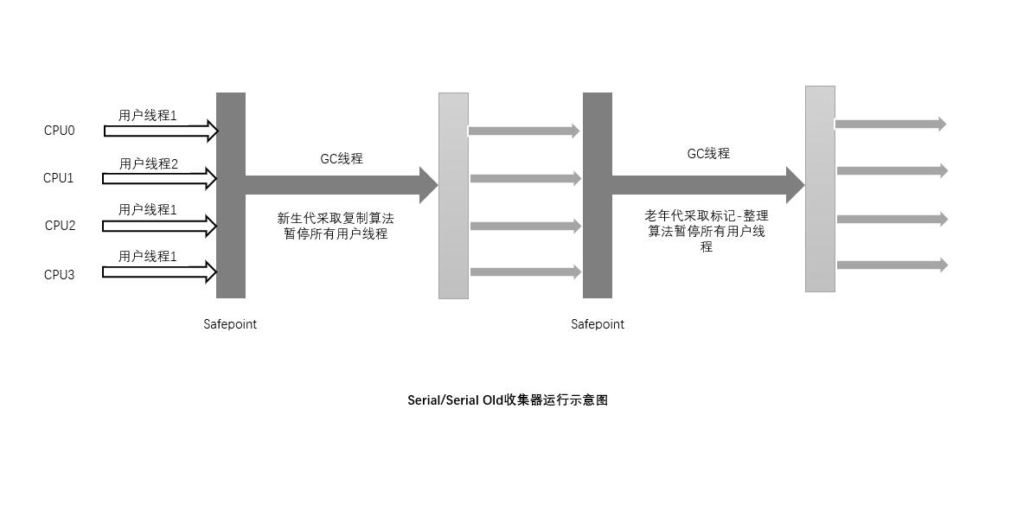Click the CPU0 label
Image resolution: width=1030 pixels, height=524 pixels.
pos(60,131)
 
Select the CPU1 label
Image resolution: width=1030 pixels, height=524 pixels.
pos(59,178)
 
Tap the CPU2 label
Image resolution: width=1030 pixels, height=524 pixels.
pos(61,226)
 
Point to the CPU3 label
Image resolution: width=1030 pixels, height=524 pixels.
pos(60,275)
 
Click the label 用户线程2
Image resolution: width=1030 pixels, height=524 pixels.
pos(149,163)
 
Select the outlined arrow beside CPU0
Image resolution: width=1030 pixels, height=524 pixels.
pos(160,131)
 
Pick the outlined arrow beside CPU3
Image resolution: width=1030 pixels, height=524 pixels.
pos(159,272)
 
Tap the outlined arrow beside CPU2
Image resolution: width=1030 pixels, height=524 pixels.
pos(159,227)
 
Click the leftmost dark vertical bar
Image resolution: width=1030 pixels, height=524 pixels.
pos(231,195)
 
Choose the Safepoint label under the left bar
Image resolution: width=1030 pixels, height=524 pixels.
pos(230,324)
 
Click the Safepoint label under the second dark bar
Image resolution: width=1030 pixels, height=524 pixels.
pos(598,324)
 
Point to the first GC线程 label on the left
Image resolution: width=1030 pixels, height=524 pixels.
pos(342,159)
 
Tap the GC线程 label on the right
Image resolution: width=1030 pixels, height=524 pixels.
pos(708,153)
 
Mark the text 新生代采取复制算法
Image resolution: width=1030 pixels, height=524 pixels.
pos(336,219)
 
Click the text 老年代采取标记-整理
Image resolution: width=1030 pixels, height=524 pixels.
pos(707,216)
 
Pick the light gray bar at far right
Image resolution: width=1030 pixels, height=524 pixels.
pos(820,189)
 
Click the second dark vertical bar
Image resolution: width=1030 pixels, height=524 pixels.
pos(598,195)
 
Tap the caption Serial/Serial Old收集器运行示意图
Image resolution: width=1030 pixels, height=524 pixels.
pos(508,400)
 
